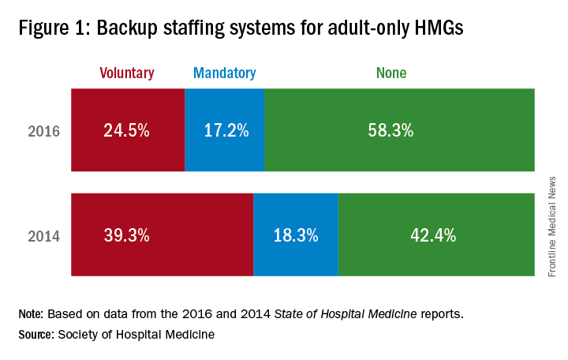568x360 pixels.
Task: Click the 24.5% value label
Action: pyautogui.click(x=126, y=130)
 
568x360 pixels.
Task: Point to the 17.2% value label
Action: pyautogui.click(x=225, y=130)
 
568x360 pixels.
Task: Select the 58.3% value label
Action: pyautogui.click(x=390, y=130)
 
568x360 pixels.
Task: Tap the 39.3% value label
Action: pyautogui.click(x=126, y=234)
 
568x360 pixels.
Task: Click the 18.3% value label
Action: pyautogui.click(x=295, y=234)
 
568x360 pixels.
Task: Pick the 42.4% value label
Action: pyautogui.click(x=433, y=234)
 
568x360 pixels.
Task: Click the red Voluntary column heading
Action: pyautogui.click(x=126, y=73)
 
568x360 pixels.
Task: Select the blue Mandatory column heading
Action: pyautogui.click(x=225, y=73)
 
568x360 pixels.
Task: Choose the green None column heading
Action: pyautogui.click(x=390, y=73)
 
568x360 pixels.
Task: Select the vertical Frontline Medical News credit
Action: pyautogui.click(x=552, y=225)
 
